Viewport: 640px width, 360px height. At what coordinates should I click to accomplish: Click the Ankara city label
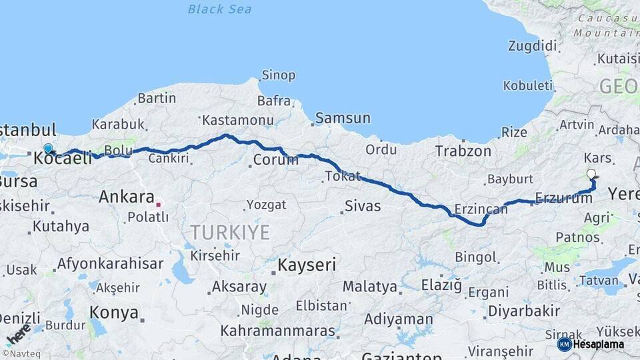126,197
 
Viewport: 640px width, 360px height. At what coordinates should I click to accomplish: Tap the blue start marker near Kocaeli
48,149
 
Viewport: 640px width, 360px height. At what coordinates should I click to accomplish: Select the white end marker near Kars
591,175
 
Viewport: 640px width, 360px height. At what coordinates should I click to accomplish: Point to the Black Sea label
219,9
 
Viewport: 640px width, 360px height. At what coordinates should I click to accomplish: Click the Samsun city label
343,118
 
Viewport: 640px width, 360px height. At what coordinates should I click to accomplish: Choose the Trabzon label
463,151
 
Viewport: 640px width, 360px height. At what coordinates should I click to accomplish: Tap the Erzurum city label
564,198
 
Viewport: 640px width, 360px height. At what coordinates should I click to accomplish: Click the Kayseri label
307,265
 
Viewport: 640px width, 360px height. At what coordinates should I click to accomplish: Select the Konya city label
114,313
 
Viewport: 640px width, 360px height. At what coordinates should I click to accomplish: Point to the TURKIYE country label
230,232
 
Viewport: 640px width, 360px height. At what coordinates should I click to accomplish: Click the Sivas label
363,206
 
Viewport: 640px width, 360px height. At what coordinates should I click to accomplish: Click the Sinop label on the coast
278,75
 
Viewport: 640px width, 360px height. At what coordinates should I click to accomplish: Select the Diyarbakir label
523,311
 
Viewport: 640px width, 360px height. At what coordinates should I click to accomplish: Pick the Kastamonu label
238,120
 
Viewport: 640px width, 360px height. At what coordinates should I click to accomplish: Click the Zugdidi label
531,46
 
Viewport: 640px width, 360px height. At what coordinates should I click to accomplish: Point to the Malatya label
369,287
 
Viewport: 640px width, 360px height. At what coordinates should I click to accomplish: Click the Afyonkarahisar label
110,263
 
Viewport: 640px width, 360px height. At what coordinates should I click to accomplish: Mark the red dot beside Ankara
159,198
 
